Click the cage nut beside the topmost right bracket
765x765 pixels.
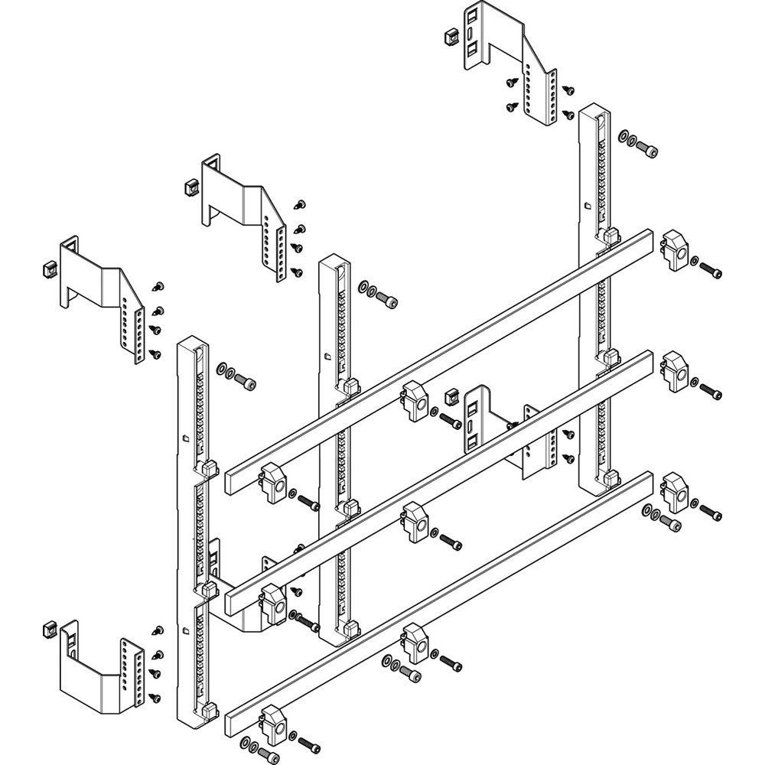[x=451, y=36]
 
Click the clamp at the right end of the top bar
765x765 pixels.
[x=676, y=249]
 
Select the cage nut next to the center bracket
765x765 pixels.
[x=451, y=397]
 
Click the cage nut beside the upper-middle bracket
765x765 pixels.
[x=187, y=187]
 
